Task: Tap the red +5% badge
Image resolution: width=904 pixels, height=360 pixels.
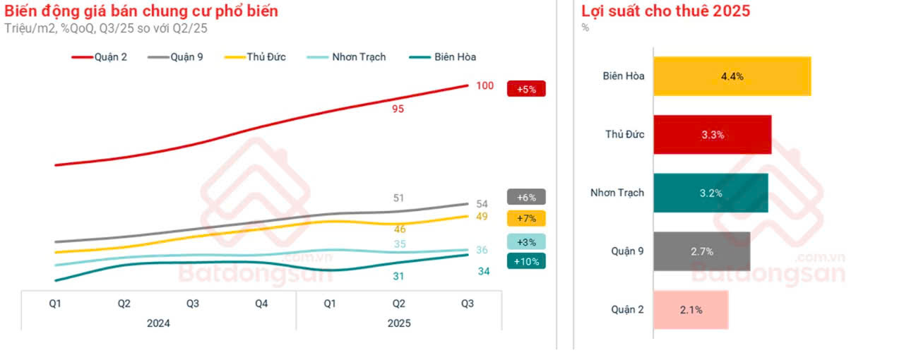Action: pos(526,90)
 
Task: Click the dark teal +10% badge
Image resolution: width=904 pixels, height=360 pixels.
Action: pos(526,261)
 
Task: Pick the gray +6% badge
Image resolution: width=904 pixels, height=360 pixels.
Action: pos(526,198)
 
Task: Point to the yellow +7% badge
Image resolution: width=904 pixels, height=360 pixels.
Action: pos(526,218)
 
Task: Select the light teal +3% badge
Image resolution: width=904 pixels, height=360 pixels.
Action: pos(526,242)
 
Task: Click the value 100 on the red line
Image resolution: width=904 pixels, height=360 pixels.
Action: pos(484,86)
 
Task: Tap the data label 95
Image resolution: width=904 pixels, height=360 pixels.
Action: pos(398,109)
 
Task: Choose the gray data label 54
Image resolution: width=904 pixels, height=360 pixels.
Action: pos(482,204)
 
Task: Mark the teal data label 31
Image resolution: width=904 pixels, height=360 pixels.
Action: pos(398,276)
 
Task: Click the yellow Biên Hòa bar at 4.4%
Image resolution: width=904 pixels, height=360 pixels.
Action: pos(732,76)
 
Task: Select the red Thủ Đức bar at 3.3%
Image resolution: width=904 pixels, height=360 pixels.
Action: pos(712,135)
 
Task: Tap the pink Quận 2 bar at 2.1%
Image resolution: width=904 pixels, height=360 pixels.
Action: pos(690,309)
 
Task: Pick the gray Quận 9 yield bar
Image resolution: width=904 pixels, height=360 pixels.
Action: pos(701,251)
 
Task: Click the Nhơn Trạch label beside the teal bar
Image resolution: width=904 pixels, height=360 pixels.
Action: pos(617,193)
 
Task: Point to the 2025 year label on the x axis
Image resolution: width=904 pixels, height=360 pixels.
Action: pos(398,323)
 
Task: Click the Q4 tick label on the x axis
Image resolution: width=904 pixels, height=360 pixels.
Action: pos(261,304)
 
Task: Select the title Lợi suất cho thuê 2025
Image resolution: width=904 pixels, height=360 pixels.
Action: pos(665,11)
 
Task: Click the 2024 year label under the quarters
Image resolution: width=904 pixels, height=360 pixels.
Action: pos(158,323)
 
